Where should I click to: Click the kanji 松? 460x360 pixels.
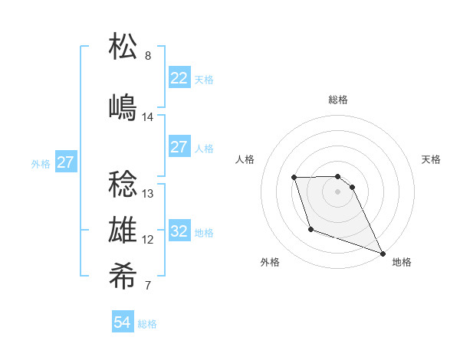(123, 47)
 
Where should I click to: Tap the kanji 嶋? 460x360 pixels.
(123, 106)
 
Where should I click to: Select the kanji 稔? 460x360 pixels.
(123, 183)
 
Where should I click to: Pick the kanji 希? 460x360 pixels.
(123, 277)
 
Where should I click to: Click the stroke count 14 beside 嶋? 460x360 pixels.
(148, 117)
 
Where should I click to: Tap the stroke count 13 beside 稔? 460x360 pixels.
(148, 194)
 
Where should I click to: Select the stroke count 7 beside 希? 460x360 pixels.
(148, 287)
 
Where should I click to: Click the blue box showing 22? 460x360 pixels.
(179, 78)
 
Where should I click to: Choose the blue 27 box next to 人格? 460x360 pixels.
(179, 147)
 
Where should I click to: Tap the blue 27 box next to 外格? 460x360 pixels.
(66, 162)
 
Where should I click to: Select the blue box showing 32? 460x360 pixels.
(179, 231)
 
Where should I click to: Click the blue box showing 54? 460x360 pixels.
(123, 322)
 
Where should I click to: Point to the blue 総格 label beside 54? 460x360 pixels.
(147, 324)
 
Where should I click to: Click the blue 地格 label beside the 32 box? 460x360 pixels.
(204, 233)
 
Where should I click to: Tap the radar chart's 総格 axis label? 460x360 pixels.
(338, 100)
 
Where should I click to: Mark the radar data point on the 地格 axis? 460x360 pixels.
(383, 253)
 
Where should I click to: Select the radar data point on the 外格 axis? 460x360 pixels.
(310, 229)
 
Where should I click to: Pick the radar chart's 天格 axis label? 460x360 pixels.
(431, 159)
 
